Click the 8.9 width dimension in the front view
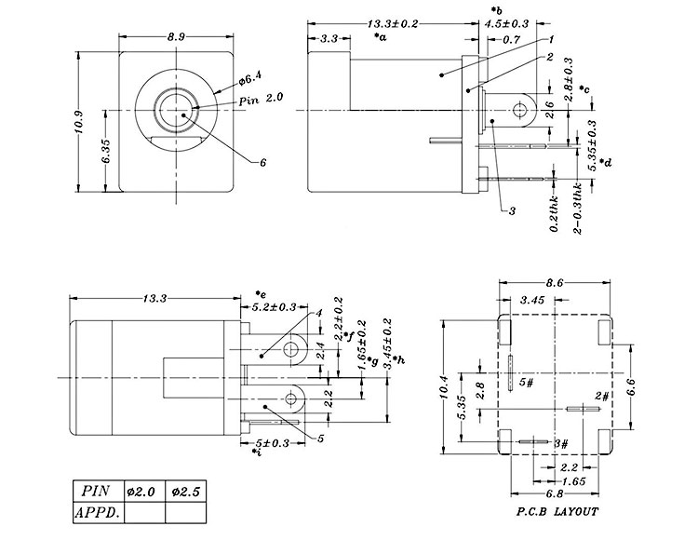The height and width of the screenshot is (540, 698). [175, 35]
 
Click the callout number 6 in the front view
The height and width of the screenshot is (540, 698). [263, 162]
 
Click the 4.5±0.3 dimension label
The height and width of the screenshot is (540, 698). [506, 22]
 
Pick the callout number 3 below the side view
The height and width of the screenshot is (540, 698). [512, 211]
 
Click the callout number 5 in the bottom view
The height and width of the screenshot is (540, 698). [321, 439]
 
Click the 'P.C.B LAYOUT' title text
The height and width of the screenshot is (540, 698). [557, 511]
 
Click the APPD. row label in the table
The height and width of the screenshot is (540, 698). [98, 511]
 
